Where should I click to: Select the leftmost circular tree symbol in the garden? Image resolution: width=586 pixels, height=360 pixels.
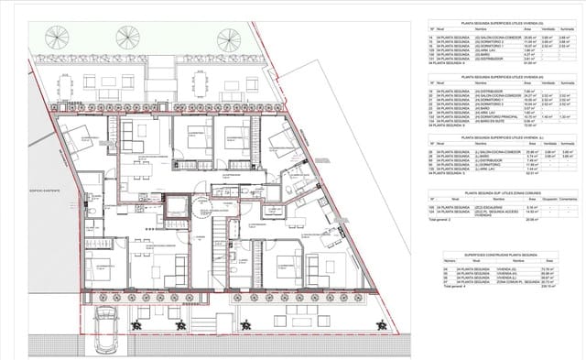[57, 38]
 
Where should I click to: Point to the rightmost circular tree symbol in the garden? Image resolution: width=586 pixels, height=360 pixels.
[227, 39]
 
